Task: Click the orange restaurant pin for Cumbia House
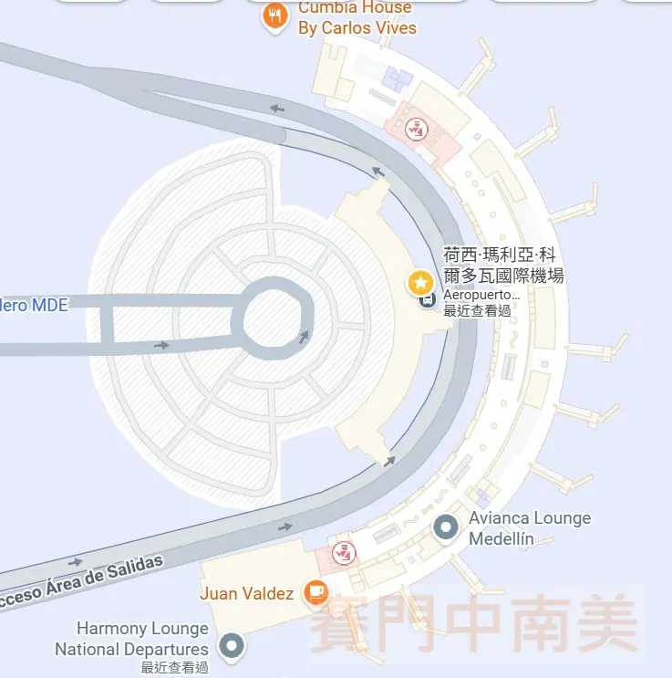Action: click(x=274, y=16)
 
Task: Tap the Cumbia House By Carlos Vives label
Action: click(x=357, y=18)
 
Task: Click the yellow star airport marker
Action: click(x=420, y=281)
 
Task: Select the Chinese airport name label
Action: click(x=502, y=265)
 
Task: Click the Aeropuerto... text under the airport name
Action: click(x=481, y=296)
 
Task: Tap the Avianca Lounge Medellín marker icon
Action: click(x=446, y=527)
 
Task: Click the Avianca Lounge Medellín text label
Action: click(x=529, y=528)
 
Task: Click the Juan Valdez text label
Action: click(x=246, y=594)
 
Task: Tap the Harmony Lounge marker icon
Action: click(x=233, y=646)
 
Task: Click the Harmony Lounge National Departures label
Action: click(x=132, y=639)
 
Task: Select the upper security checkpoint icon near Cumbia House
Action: click(x=416, y=129)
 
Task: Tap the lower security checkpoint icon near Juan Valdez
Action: click(x=344, y=551)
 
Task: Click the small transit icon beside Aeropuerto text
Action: click(x=426, y=298)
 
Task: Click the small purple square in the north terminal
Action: click(x=398, y=78)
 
